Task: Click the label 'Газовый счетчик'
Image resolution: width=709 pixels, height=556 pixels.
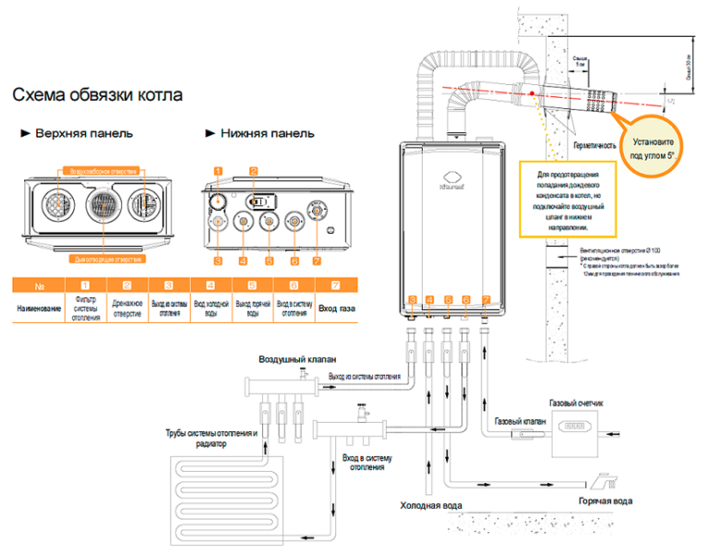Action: tap(576, 404)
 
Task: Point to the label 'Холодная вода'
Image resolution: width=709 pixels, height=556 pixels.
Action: tap(430, 506)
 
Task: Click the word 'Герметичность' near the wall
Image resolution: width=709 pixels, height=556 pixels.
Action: tap(595, 146)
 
